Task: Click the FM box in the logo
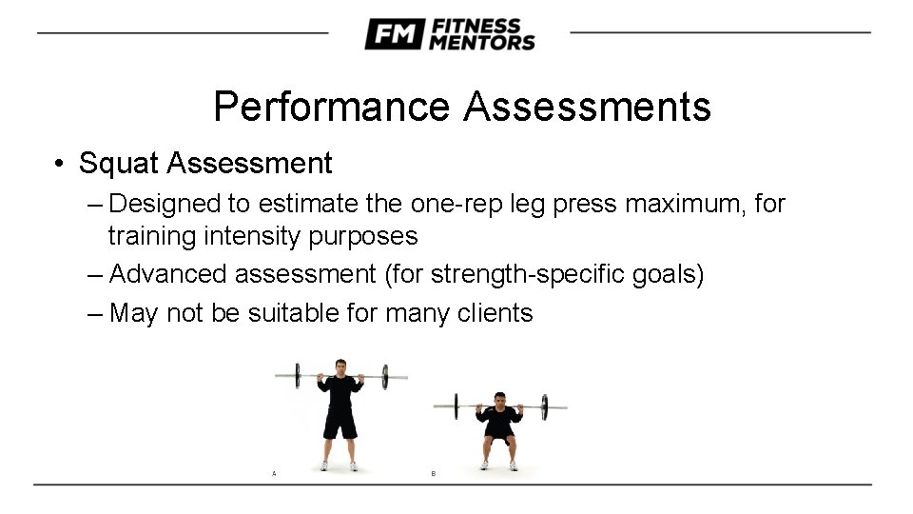392,34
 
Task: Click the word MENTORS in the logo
482,42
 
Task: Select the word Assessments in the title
587,107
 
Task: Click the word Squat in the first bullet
120,164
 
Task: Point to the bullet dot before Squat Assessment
59,164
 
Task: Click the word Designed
165,203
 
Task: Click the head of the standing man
340,367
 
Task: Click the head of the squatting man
499,399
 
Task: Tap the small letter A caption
274,473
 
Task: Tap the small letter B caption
434,473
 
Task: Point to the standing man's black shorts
340,420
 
